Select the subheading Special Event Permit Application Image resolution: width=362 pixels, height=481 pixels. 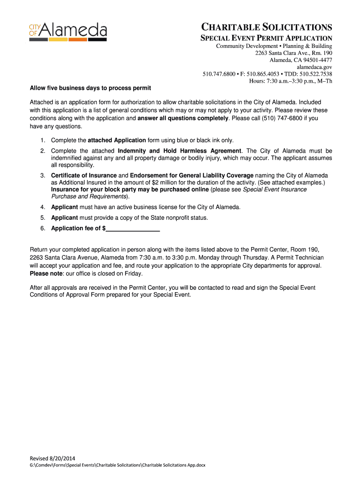pos(267,38)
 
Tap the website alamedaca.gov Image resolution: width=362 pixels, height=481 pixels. pos(315,67)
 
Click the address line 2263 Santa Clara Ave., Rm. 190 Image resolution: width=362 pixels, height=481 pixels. pos(294,53)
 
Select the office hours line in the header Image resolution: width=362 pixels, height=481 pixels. pos(291,81)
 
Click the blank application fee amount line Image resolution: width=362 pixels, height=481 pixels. pos(133,229)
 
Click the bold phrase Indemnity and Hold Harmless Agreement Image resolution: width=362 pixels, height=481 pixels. pos(180,151)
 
